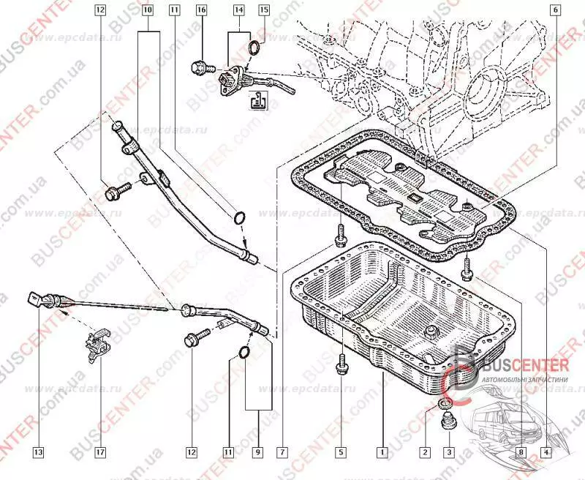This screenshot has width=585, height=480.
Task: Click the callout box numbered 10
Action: [147, 11]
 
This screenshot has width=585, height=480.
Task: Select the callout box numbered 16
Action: [201, 11]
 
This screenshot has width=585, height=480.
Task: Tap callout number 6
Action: [554, 10]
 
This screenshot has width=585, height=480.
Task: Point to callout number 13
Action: [38, 452]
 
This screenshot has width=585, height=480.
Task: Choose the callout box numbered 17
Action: [100, 452]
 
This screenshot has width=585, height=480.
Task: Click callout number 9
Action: [257, 452]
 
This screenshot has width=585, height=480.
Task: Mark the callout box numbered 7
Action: [282, 452]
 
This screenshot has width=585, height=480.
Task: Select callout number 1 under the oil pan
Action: [381, 452]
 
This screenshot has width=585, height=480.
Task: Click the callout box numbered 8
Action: [520, 452]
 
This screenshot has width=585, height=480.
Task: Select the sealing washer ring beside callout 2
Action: [444, 405]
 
